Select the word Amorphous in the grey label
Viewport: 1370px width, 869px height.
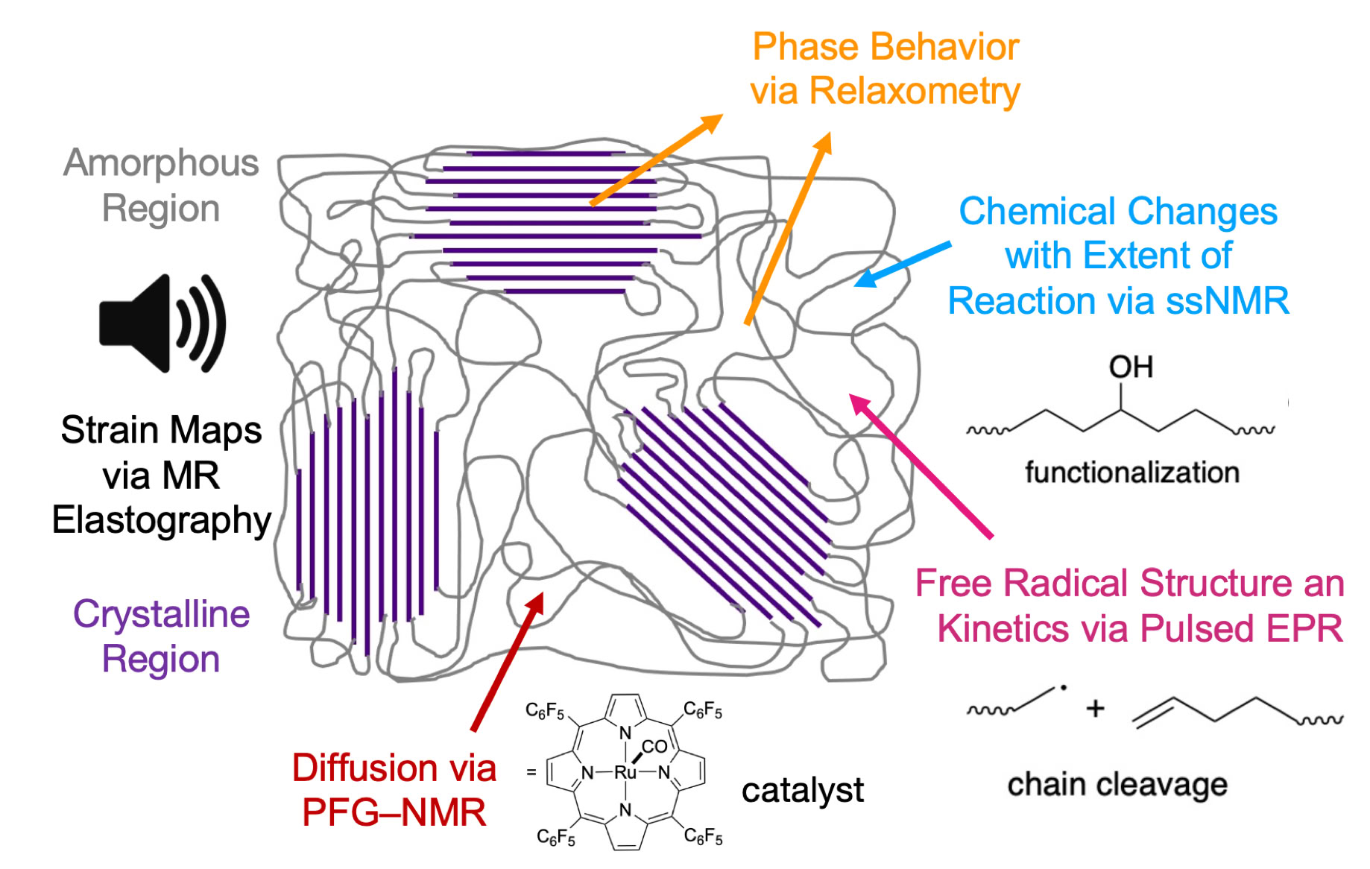(161, 163)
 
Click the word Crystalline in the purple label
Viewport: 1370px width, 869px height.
(161, 615)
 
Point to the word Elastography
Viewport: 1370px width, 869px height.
(161, 521)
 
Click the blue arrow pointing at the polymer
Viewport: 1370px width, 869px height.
(902, 264)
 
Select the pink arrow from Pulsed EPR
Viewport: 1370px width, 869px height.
(921, 466)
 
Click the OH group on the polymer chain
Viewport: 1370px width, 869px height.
(1131, 367)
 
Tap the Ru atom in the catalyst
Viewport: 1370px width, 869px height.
(625, 773)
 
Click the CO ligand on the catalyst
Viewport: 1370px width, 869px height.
(654, 746)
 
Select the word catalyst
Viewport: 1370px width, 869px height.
(803, 790)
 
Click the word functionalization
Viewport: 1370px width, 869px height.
(1131, 473)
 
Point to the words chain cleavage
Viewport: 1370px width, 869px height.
(1117, 785)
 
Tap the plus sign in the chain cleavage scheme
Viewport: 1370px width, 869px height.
(1095, 708)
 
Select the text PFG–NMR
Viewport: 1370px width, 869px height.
(394, 812)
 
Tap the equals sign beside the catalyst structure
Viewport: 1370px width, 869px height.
(531, 773)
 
